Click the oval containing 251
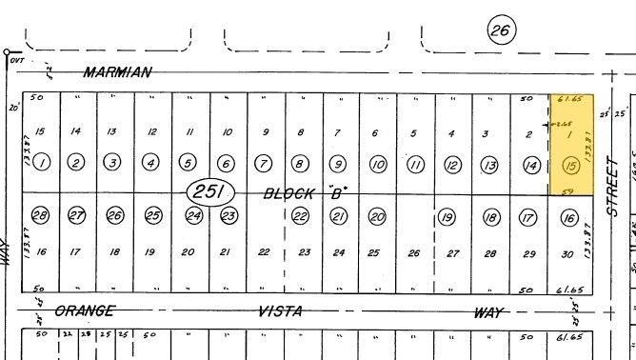click(x=209, y=192)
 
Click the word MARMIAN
click(x=117, y=72)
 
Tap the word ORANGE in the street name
click(x=85, y=310)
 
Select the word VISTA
click(x=281, y=311)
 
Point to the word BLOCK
click(x=288, y=192)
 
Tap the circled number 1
click(x=41, y=163)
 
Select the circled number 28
click(x=40, y=215)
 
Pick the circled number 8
click(x=301, y=164)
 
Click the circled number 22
click(x=301, y=216)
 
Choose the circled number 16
click(x=569, y=219)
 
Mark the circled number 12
click(x=453, y=166)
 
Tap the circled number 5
click(x=189, y=164)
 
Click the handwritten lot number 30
click(x=567, y=253)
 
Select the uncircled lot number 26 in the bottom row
click(x=413, y=253)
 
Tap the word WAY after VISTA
click(x=488, y=311)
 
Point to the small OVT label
click(x=16, y=60)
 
